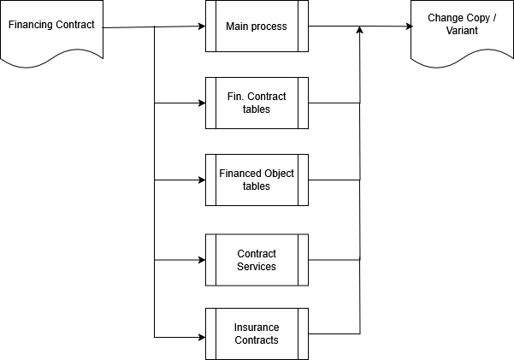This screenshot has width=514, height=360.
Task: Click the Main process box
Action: coord(257,26)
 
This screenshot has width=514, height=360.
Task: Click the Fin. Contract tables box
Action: coord(257,103)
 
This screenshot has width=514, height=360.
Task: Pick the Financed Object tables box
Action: coord(257,180)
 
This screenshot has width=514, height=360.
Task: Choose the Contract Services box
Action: coord(257,260)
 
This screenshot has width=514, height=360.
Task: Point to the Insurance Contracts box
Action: coord(257,333)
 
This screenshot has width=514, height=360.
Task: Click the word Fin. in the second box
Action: coord(234,97)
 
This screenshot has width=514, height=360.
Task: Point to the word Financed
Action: coord(239,174)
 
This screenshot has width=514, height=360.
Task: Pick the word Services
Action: coord(257,267)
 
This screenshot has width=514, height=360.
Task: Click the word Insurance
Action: coord(257,328)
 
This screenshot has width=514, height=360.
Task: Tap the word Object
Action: coord(278,174)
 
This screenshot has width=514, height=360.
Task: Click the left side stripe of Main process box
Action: coord(210,26)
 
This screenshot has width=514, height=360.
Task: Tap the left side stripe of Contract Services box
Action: coord(210,260)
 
